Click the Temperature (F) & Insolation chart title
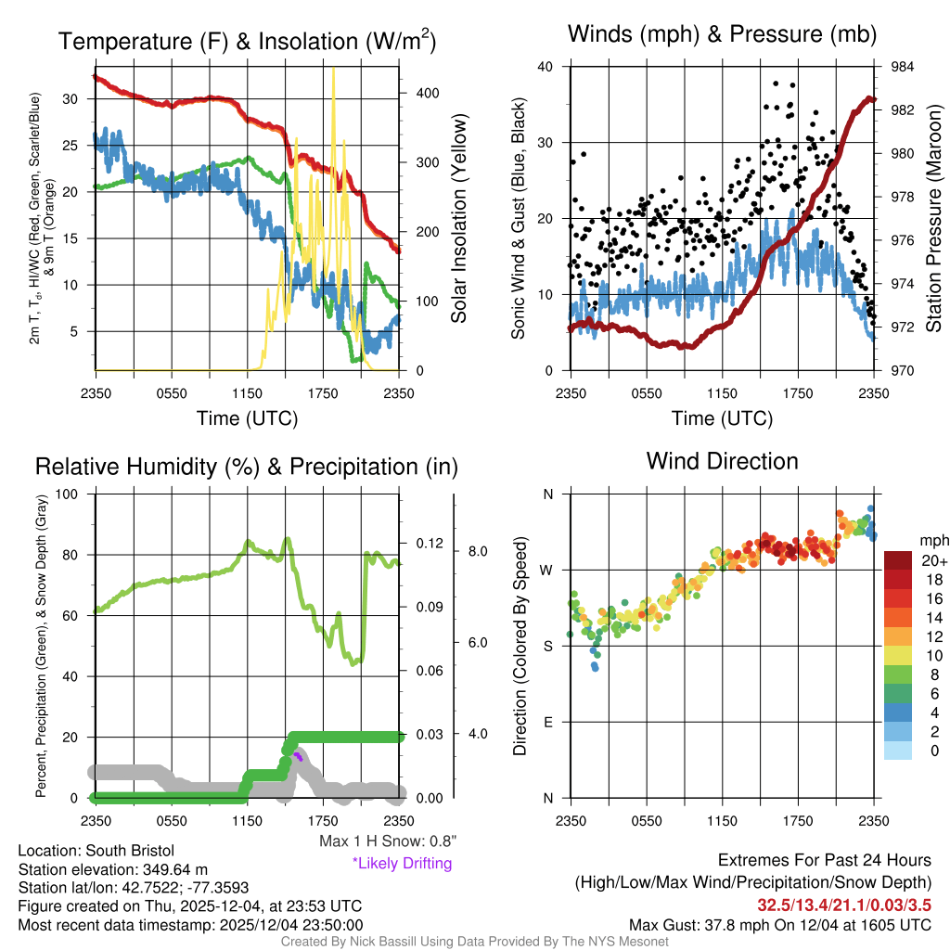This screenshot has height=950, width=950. click(x=247, y=42)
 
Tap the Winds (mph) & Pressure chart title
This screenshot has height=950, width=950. click(x=722, y=34)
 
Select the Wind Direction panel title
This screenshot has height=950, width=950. click(x=722, y=460)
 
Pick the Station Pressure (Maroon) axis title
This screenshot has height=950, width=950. click(x=934, y=218)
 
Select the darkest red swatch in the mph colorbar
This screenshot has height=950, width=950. click(x=898, y=560)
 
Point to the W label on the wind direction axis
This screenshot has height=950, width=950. click(x=547, y=570)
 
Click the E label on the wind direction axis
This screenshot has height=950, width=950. click(x=547, y=722)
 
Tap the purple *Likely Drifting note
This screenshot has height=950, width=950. click(x=402, y=863)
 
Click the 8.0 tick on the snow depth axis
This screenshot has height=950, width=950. click(x=477, y=551)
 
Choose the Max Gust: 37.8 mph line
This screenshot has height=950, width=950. click(x=779, y=924)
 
